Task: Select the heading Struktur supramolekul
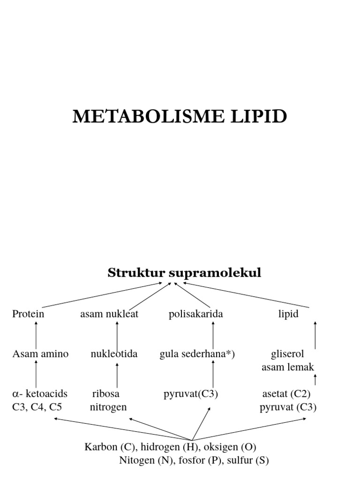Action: click(184, 273)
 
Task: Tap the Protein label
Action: click(28, 314)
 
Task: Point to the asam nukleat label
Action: click(109, 314)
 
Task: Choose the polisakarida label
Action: click(195, 314)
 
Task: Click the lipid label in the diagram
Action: click(288, 314)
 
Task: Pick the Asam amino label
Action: click(40, 354)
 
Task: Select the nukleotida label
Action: click(114, 354)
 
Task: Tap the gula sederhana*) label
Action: click(197, 354)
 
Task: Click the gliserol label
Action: click(288, 354)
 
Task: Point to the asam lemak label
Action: click(288, 367)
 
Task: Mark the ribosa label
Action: click(106, 394)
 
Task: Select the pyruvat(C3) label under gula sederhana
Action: click(191, 394)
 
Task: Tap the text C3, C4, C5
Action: click(37, 407)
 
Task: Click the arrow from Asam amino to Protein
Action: click(36, 336)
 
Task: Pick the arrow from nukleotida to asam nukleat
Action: click(117, 336)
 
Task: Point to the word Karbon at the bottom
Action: click(99, 447)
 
